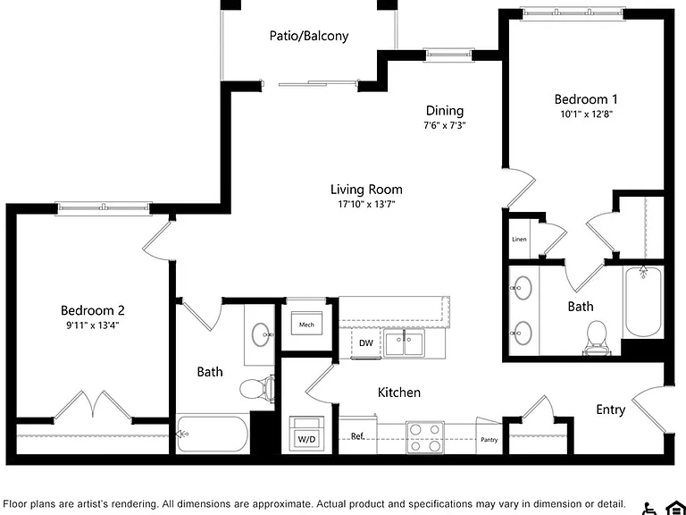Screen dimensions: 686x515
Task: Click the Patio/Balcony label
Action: coord(309,36)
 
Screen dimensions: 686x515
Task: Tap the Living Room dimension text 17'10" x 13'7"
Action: coord(366,204)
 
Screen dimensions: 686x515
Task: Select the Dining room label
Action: coord(445,111)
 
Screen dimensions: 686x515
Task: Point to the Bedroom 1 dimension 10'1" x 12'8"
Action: coord(586,114)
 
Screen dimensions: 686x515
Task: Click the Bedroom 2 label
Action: coord(93,310)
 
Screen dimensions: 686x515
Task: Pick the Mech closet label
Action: coord(306,325)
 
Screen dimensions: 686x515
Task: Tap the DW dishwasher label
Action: coord(365,343)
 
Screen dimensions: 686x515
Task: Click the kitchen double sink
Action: coord(405,343)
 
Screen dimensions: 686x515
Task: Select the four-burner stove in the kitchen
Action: coord(425,437)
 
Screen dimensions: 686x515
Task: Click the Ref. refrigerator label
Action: coord(357,436)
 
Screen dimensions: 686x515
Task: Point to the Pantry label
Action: coord(489,440)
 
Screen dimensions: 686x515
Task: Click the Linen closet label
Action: coord(519,239)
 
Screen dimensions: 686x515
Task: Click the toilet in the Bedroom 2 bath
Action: coord(257,388)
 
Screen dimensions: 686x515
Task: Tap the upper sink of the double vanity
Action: coord(522,288)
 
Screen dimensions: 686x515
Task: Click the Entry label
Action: coord(611,409)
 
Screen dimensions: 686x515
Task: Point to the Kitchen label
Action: coord(399,392)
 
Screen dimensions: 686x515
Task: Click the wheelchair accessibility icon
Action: coord(649,508)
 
